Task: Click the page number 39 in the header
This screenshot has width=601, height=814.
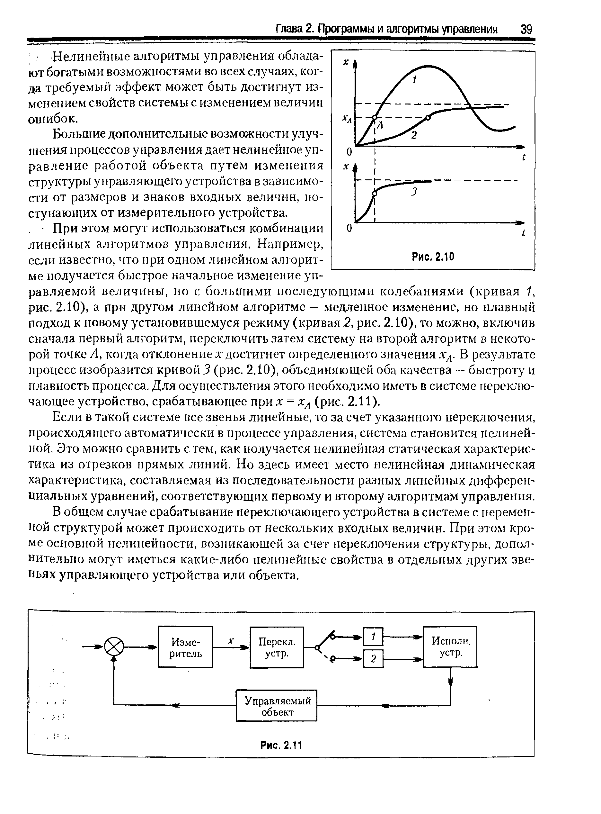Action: click(526, 29)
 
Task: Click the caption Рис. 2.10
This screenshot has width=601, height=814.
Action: click(433, 257)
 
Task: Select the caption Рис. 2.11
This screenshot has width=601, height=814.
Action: click(282, 745)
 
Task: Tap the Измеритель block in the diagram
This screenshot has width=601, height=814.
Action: click(186, 647)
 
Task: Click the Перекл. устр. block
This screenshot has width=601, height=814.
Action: click(277, 647)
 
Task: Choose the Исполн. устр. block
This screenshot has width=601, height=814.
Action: click(450, 647)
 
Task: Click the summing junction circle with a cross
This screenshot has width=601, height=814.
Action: click(114, 647)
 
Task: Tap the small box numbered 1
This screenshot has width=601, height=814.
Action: click(373, 636)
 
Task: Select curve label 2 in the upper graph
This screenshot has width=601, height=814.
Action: click(414, 135)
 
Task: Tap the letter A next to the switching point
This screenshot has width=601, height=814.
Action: click(381, 125)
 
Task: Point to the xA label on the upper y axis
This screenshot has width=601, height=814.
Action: click(346, 118)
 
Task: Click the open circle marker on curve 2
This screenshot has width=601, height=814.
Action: click(428, 117)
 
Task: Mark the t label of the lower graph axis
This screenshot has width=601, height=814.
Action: click(523, 233)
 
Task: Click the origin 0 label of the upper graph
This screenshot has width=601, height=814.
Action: click(349, 151)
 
